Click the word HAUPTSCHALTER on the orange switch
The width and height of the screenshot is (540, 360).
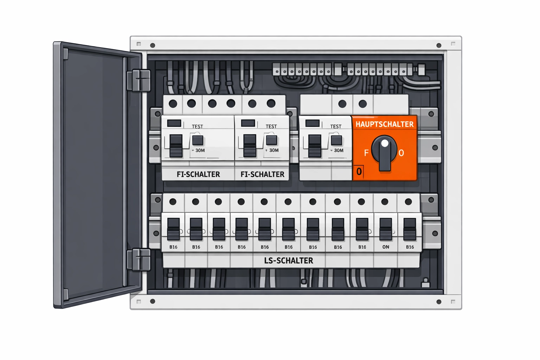click(384, 124)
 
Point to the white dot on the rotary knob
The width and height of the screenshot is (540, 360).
click(385, 143)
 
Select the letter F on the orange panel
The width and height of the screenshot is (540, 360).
click(366, 153)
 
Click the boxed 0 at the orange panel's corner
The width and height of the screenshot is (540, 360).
click(359, 172)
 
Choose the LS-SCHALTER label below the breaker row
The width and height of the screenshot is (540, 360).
click(289, 261)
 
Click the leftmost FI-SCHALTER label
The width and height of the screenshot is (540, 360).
click(198, 174)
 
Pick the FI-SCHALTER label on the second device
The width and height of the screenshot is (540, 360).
click(262, 174)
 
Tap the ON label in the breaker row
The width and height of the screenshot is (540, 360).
click(386, 247)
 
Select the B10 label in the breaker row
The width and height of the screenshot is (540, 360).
click(362, 247)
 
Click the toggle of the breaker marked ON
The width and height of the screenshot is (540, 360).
click(386, 229)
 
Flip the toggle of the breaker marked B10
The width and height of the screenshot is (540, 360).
click(362, 229)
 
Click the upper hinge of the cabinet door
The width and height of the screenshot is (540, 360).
click(139, 80)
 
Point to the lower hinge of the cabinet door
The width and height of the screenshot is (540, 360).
click(139, 259)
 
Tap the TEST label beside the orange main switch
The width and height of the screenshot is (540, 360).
click(336, 127)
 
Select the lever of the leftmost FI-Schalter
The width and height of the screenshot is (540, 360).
click(176, 146)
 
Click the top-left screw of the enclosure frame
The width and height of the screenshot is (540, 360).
click(153, 45)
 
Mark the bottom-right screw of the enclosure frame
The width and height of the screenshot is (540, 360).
click(439, 302)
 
